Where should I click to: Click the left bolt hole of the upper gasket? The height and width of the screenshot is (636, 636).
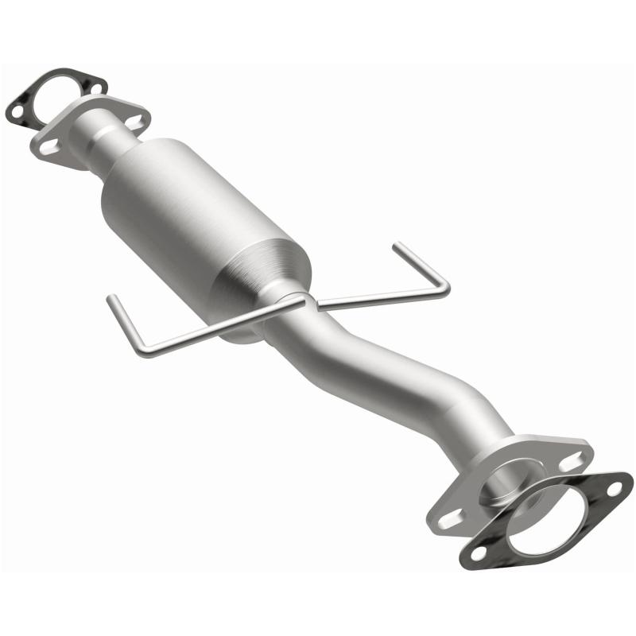coord(16,112)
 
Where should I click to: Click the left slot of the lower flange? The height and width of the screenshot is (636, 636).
coord(448,518)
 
